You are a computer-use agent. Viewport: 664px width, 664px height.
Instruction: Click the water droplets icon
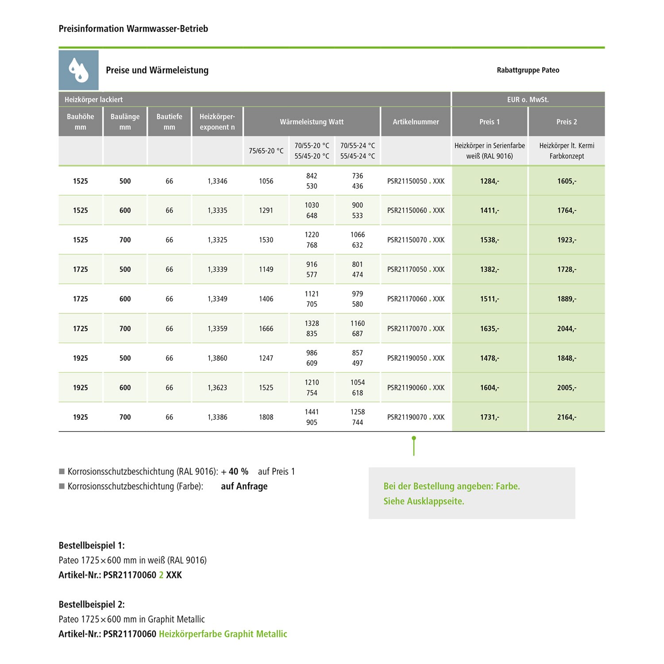[78, 70]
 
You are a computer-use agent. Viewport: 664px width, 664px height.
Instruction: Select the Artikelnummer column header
[416, 122]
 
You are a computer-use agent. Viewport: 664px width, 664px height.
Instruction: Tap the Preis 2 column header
[567, 122]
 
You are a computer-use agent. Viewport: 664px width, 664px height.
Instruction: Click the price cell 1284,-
[489, 181]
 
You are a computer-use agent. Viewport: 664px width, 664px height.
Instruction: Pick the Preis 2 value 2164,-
[567, 417]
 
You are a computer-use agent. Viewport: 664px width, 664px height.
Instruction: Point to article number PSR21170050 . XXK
[416, 269]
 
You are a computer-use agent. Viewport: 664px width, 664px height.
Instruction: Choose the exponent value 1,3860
[217, 358]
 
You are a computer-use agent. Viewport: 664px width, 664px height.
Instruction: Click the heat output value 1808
[266, 417]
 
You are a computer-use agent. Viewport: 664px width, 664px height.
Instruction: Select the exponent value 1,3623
[217, 387]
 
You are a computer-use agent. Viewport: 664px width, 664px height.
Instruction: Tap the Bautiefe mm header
[169, 122]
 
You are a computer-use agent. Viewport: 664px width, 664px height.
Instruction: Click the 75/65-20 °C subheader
[266, 151]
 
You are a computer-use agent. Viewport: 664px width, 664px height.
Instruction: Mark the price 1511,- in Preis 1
[489, 299]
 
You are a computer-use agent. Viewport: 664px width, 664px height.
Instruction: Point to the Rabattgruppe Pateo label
[528, 70]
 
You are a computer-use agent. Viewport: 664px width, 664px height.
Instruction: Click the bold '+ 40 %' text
[235, 471]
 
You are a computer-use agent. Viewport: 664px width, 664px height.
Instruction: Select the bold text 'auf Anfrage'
[244, 486]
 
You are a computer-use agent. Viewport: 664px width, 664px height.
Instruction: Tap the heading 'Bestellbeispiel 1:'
[92, 545]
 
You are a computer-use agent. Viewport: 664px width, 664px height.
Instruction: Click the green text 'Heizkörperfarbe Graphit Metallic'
[223, 634]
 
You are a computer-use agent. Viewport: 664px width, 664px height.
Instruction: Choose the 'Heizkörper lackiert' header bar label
[93, 100]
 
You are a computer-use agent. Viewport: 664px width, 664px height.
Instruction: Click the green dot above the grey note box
[413, 438]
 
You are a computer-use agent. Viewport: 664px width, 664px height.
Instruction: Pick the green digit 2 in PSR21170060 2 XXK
[161, 575]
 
